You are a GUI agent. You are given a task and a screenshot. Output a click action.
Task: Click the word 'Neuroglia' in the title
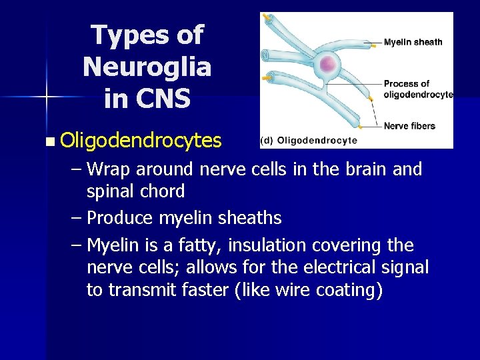[x=147, y=66]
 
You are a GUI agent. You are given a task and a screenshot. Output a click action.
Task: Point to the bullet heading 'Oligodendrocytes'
[x=140, y=141]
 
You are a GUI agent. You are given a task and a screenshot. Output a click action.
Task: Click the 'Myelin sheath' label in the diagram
[x=413, y=42]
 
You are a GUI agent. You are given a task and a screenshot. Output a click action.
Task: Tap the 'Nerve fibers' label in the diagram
[x=409, y=125]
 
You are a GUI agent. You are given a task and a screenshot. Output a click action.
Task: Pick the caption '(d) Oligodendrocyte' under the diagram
[x=309, y=140]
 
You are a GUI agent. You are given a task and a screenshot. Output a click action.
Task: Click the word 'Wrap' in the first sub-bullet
[x=109, y=169]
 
